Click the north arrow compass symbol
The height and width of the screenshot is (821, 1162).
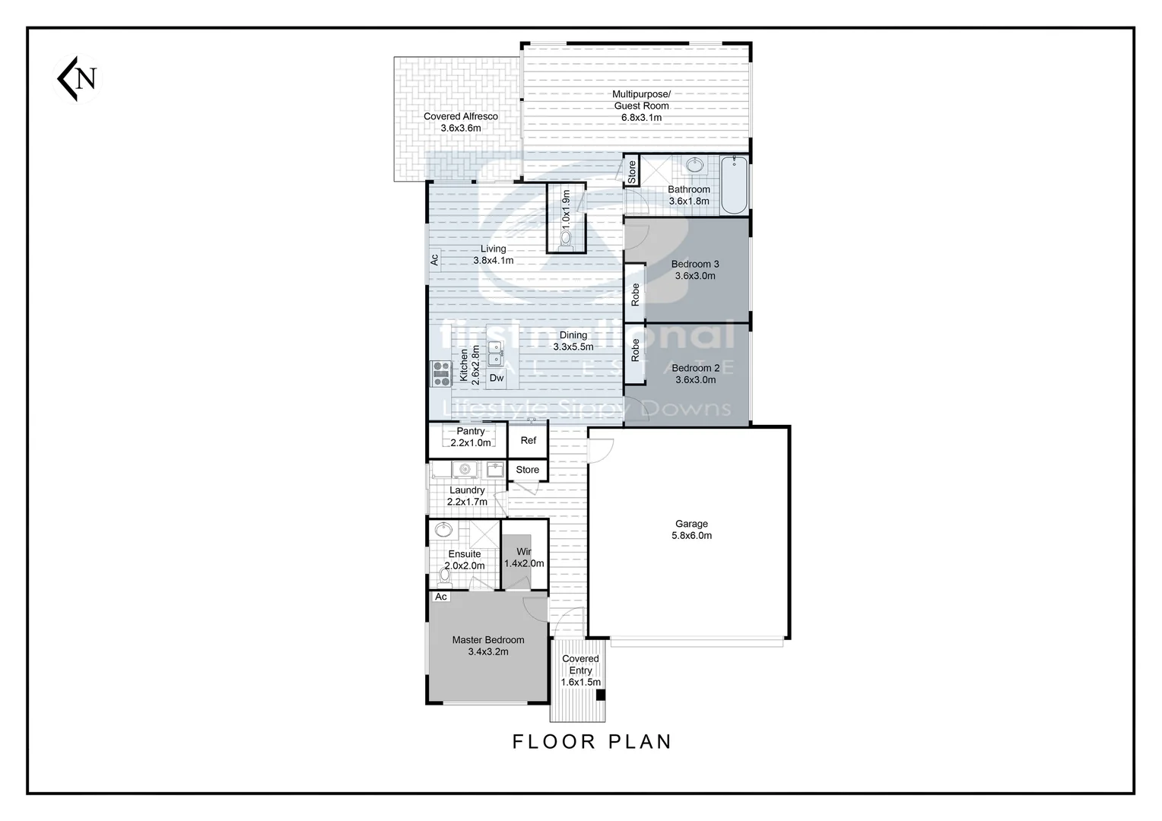pyautogui.click(x=78, y=78)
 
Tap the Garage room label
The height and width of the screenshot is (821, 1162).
pyautogui.click(x=691, y=530)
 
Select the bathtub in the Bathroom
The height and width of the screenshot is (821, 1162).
pyautogui.click(x=734, y=185)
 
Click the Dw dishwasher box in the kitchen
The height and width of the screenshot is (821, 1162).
pyautogui.click(x=496, y=378)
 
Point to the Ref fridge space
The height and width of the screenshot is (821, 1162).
pyautogui.click(x=528, y=441)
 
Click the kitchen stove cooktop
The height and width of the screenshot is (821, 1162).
pyautogui.click(x=441, y=374)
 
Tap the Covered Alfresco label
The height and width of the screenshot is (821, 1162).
pyautogui.click(x=461, y=122)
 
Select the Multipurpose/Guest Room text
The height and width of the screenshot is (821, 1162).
pyautogui.click(x=641, y=106)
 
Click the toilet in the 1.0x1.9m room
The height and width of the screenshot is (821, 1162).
pyautogui.click(x=566, y=239)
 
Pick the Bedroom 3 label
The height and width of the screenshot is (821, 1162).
pyautogui.click(x=694, y=270)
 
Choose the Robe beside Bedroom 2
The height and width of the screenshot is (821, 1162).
pyautogui.click(x=635, y=350)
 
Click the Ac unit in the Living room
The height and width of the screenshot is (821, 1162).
pyautogui.click(x=434, y=260)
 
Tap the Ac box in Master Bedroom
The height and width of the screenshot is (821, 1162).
pyautogui.click(x=440, y=597)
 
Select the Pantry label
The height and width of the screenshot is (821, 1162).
pyautogui.click(x=470, y=436)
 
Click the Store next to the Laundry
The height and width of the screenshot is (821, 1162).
pyautogui.click(x=527, y=470)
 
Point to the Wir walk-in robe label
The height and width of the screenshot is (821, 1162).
pyautogui.click(x=524, y=557)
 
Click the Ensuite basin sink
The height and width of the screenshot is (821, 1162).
pyautogui.click(x=443, y=529)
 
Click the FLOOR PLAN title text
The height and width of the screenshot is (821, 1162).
pyautogui.click(x=592, y=741)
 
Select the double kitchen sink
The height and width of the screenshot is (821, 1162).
pyautogui.click(x=496, y=354)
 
